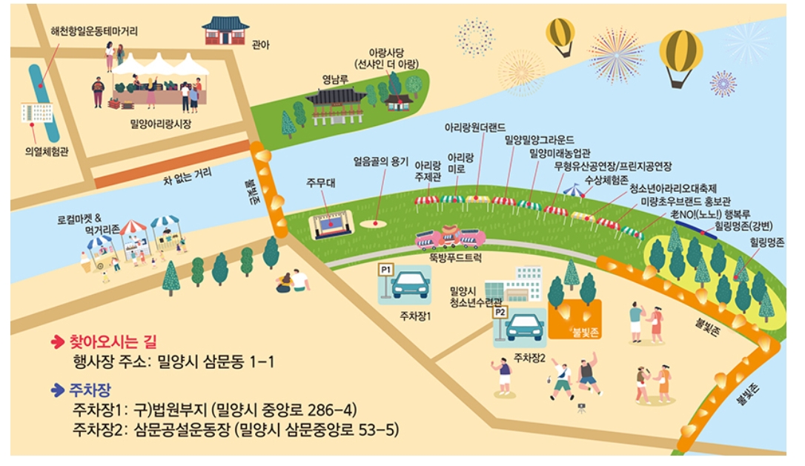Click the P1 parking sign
point(385,270)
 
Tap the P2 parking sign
point(500,312)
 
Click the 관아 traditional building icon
point(225,31)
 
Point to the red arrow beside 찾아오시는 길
point(57,342)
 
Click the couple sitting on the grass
point(292,281)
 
